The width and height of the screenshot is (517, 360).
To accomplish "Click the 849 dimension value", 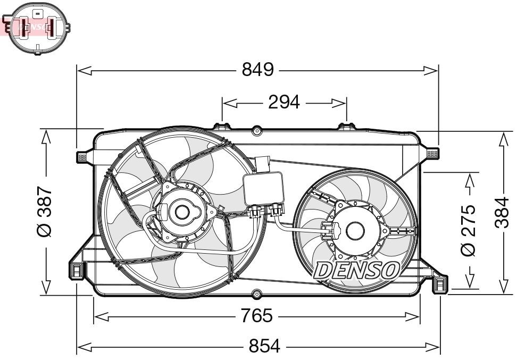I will click(257, 70).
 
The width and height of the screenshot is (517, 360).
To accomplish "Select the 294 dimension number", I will click(283, 102).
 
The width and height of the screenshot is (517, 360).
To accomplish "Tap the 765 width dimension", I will click(256, 316).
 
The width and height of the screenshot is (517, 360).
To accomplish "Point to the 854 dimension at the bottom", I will click(264, 347).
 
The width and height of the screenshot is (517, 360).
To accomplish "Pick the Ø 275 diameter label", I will click(468, 231).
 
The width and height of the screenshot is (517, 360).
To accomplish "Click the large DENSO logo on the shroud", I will click(356, 270).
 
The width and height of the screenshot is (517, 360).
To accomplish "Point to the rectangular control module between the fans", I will click(264, 189).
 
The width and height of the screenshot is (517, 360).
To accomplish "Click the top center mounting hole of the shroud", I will click(256, 130).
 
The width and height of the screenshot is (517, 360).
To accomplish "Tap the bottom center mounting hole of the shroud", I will click(257, 293).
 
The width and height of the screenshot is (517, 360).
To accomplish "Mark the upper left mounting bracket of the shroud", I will click(82, 156).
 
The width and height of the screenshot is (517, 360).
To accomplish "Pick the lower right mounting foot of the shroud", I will click(440, 285).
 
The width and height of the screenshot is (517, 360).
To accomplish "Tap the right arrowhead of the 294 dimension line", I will click(343, 102).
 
